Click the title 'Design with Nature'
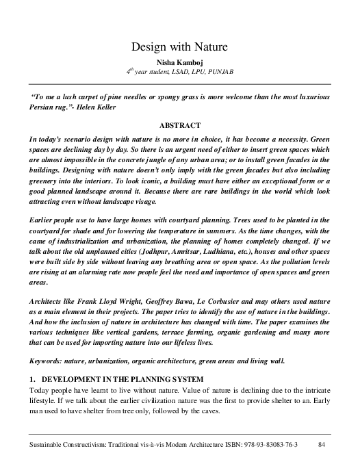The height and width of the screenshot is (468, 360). pyautogui.click(x=179, y=47)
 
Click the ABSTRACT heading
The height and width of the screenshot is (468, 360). pyautogui.click(x=179, y=125)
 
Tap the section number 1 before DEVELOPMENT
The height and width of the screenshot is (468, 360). pyautogui.click(x=31, y=378)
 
